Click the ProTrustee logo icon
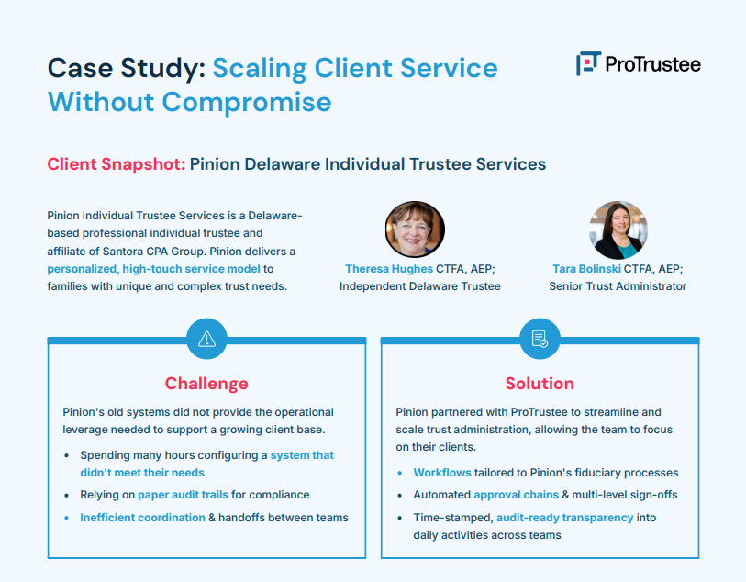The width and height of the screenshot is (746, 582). click(587, 63)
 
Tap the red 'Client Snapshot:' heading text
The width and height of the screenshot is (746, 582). click(116, 164)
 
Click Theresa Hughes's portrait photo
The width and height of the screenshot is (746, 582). click(415, 229)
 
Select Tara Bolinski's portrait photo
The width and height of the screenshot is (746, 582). click(618, 229)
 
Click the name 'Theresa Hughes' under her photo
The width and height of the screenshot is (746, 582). click(389, 269)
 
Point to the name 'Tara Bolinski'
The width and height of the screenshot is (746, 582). click(585, 269)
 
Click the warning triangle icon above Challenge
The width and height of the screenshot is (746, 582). click(206, 339)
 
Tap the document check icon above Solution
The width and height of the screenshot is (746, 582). click(540, 339)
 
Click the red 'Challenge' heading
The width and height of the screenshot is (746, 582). click(206, 384)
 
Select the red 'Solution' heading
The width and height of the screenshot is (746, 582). click(540, 384)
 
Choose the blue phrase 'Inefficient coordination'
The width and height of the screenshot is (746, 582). click(142, 518)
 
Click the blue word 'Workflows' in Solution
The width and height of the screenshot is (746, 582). click(442, 473)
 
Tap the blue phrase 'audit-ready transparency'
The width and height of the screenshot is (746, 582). click(564, 518)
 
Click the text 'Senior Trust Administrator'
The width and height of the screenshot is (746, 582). click(618, 286)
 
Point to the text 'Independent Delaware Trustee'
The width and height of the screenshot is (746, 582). click(420, 286)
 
